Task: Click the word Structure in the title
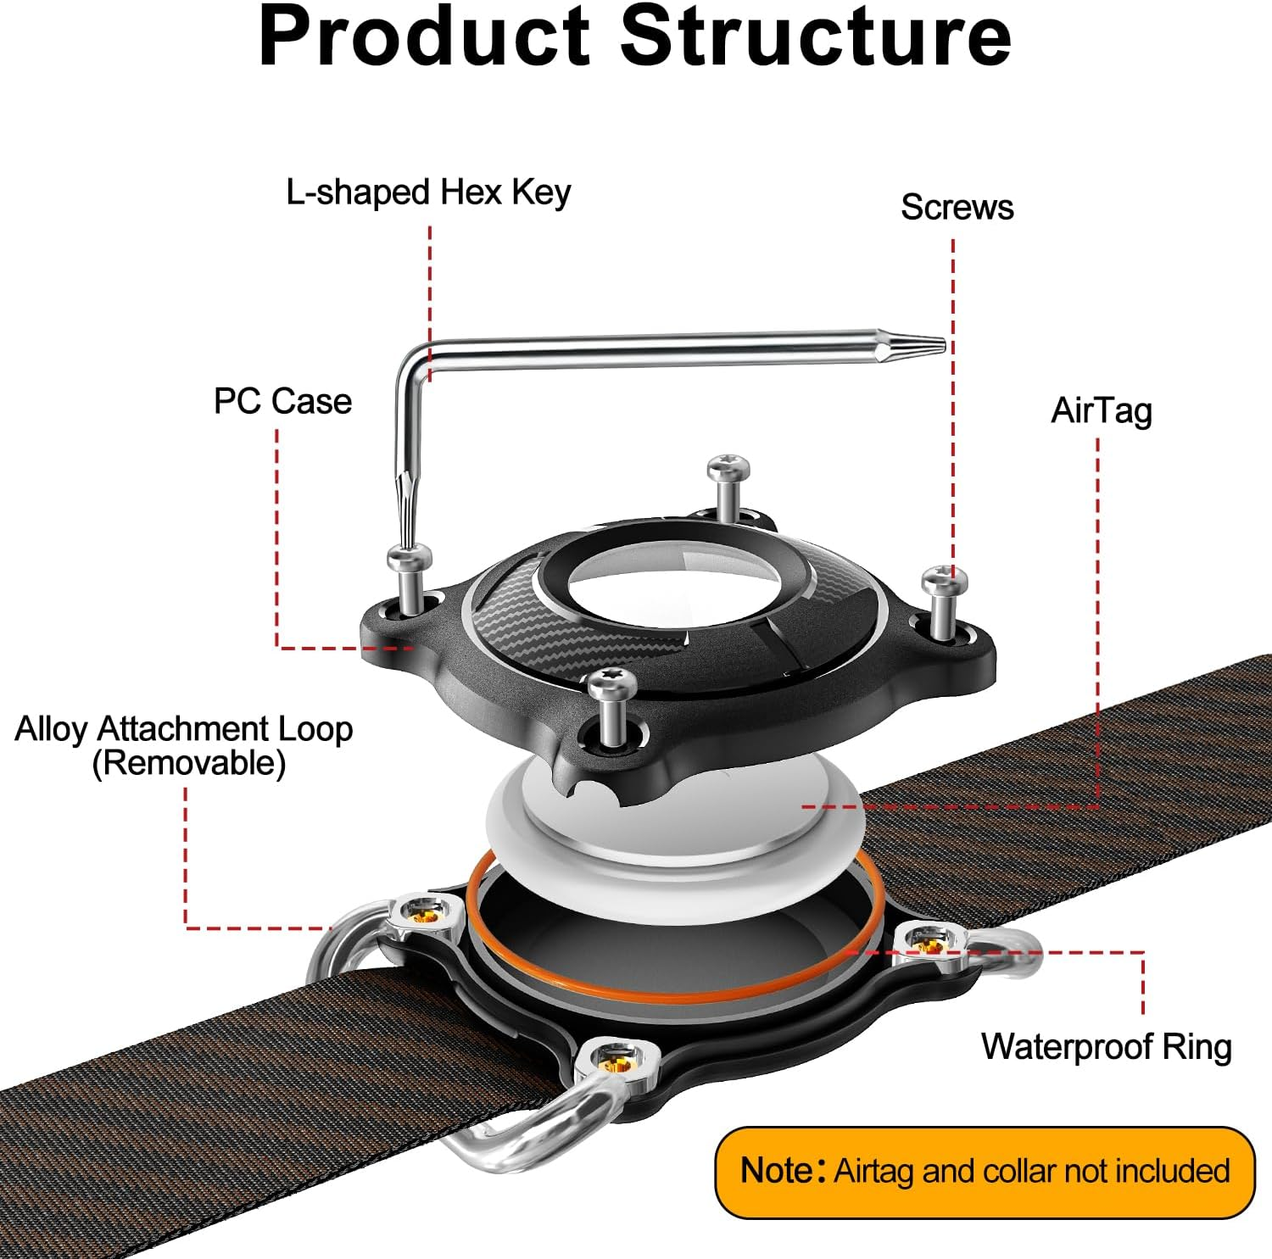[816, 37]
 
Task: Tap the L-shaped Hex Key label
[428, 192]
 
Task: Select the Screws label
[957, 208]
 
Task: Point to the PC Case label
[282, 401]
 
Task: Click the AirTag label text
[1101, 411]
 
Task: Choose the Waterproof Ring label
[1106, 1047]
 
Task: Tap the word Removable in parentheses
[188, 763]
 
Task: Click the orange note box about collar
[985, 1172]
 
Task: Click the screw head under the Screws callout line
[945, 582]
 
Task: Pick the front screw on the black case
[611, 682]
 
